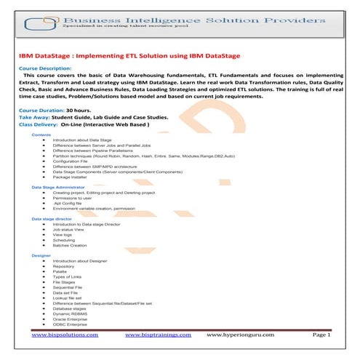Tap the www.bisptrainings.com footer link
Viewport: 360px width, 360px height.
(158, 335)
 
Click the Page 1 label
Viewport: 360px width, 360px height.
(321, 335)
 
